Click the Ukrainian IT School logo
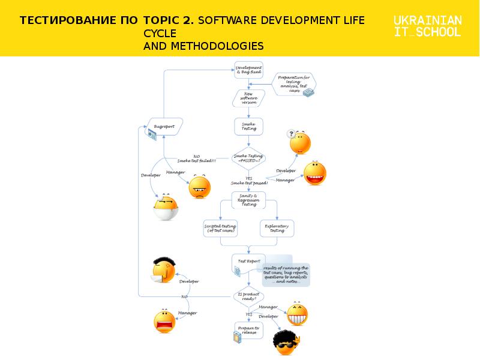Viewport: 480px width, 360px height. [x=428, y=26]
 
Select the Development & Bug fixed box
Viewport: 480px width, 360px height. [x=248, y=70]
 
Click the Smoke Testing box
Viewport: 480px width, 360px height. [x=248, y=126]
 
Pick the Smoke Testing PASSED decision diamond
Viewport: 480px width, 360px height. [x=248, y=158]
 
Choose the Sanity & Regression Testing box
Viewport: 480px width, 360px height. [x=248, y=200]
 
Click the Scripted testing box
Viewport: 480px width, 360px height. [x=221, y=228]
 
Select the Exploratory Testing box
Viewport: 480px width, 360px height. [x=277, y=228]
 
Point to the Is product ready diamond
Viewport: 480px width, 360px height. [x=248, y=296]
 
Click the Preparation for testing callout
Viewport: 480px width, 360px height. [x=294, y=83]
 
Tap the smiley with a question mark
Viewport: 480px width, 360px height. [x=299, y=142]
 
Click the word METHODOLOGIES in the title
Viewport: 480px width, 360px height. [x=203, y=46]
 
